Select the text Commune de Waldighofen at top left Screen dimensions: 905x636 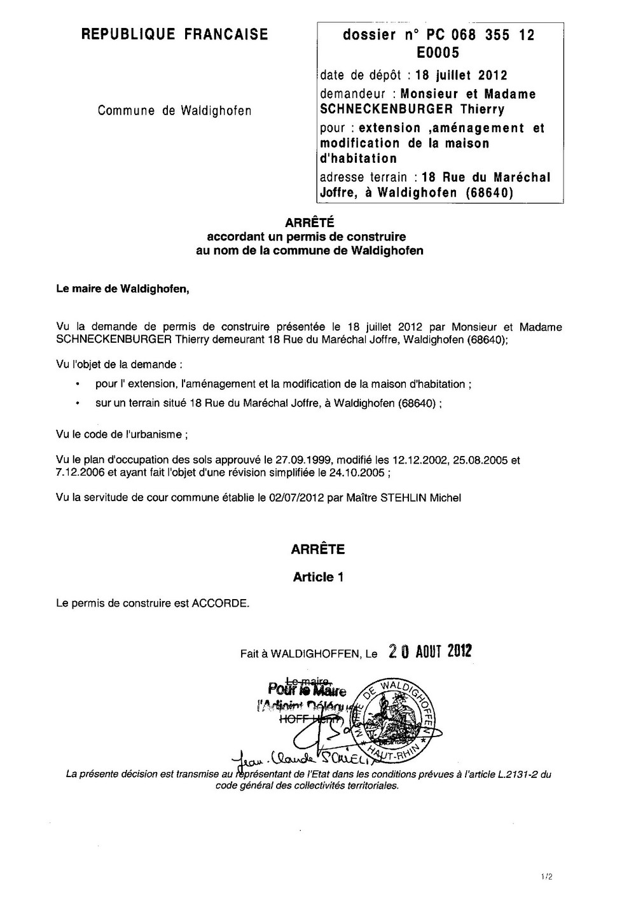(174, 111)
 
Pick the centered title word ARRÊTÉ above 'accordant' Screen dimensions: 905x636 (309, 223)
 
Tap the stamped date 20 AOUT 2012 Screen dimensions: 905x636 (430, 651)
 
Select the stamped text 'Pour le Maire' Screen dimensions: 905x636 (308, 689)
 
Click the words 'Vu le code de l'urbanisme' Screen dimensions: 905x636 (121, 435)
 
